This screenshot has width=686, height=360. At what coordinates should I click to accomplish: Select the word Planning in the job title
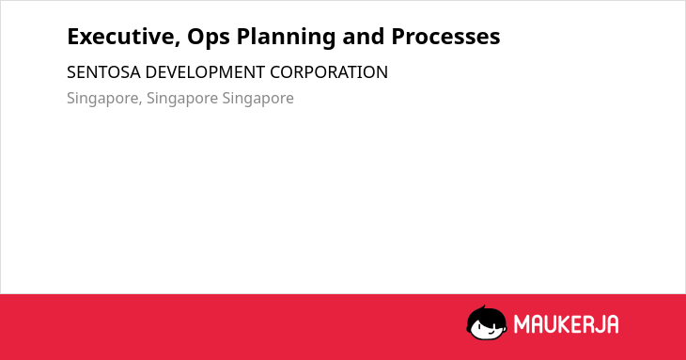pyautogui.click(x=286, y=38)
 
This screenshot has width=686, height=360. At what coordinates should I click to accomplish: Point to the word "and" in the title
pyautogui.click(x=364, y=37)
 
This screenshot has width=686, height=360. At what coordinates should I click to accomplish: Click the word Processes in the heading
pyautogui.click(x=445, y=37)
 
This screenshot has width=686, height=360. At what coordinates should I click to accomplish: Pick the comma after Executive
pyautogui.click(x=178, y=43)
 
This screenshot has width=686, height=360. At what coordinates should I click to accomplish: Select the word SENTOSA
pyautogui.click(x=103, y=72)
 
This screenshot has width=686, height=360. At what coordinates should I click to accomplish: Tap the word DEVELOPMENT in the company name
pyautogui.click(x=205, y=72)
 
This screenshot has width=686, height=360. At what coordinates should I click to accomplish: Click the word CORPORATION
pyautogui.click(x=329, y=72)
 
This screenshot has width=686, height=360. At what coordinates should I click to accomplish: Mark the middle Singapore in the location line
pyautogui.click(x=182, y=99)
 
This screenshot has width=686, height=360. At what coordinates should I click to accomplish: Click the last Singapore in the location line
pyautogui.click(x=258, y=99)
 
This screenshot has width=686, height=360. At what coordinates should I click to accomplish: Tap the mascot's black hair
pyautogui.click(x=486, y=316)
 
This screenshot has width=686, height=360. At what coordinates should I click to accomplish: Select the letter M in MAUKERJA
pyautogui.click(x=522, y=324)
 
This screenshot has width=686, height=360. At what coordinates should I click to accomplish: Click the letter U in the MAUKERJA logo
pyautogui.click(x=552, y=324)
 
